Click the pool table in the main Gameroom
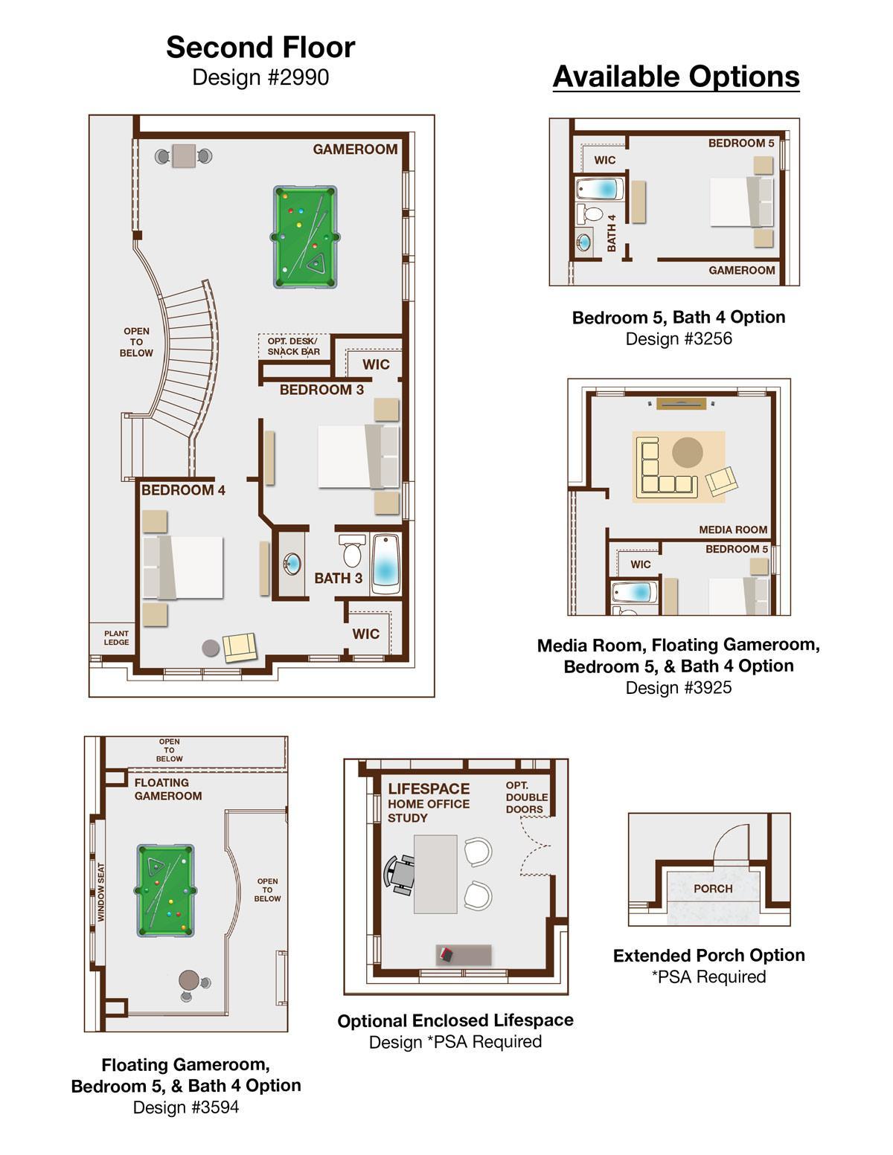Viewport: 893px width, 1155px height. click(305, 237)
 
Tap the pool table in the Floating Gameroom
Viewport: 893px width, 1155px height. click(165, 890)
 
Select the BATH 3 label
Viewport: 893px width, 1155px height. click(338, 578)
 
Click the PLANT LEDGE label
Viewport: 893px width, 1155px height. click(117, 637)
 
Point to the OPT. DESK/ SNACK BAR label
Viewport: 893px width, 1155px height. click(293, 346)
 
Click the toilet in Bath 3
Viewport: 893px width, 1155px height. click(352, 550)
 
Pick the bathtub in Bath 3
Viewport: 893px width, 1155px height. click(385, 564)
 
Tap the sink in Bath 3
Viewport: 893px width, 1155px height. click(292, 563)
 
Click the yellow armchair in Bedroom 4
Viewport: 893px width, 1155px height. click(240, 647)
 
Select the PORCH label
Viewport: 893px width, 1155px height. click(713, 888)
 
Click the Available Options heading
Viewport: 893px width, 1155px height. click(676, 77)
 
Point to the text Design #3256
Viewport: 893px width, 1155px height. click(679, 338)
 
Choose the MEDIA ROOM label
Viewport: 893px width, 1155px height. click(733, 530)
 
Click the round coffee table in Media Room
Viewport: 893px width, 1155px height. click(687, 452)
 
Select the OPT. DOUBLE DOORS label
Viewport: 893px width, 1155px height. click(527, 797)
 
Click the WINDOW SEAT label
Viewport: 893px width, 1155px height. click(101, 892)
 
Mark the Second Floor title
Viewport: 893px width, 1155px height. click(260, 48)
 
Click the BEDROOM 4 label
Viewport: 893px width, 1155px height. click(183, 489)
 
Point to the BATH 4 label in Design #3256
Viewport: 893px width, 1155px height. click(611, 233)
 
